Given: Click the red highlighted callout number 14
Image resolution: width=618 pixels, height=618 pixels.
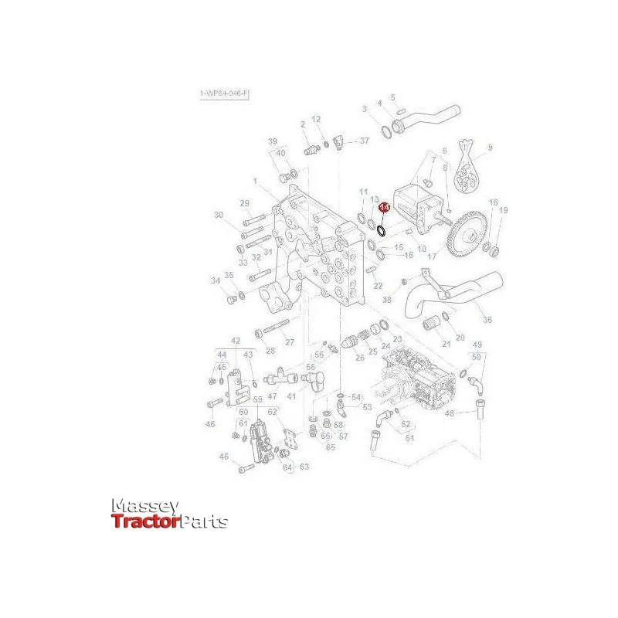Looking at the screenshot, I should tap(384, 208).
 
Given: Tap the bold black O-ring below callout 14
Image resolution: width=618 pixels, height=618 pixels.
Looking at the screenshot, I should tap(381, 229).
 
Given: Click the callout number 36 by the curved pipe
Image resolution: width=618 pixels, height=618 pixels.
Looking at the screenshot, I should tap(487, 320).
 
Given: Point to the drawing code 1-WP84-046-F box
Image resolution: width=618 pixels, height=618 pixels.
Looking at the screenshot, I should tap(225, 93).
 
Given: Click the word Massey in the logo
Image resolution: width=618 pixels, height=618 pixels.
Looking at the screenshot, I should tap(146, 507).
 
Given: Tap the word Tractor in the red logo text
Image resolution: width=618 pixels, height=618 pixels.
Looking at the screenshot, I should tap(145, 522).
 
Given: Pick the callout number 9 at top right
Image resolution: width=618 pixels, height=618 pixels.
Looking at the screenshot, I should tap(489, 148).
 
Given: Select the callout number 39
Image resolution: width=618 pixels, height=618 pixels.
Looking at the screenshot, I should tap(272, 141).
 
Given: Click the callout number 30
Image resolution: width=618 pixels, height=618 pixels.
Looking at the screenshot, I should tap(219, 215).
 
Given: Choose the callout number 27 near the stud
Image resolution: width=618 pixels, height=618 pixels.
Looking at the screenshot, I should tap(290, 342).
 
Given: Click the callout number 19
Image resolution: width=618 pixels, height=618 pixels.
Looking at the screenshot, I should tap(503, 210).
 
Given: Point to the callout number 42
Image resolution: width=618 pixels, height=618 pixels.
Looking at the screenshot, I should tap(236, 341).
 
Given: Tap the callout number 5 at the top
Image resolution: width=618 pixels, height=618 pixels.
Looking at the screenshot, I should tap(392, 97).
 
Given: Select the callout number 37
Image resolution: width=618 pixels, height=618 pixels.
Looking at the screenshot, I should tap(364, 141).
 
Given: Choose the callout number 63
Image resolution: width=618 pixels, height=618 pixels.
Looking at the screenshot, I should tap(304, 467).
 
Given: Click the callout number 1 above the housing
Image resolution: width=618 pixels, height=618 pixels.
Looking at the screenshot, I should tap(254, 181).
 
